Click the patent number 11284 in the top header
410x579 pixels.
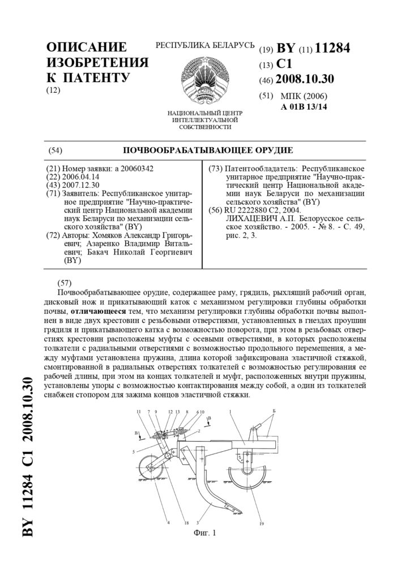(332, 49)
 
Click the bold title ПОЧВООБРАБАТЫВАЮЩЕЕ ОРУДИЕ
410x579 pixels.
(208, 150)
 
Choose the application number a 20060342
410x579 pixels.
(134, 168)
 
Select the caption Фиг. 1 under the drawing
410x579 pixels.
(204, 532)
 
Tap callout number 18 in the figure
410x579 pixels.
(186, 523)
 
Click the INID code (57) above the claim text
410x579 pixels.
(63, 282)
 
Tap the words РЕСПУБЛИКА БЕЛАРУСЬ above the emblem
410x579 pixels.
(204, 45)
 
